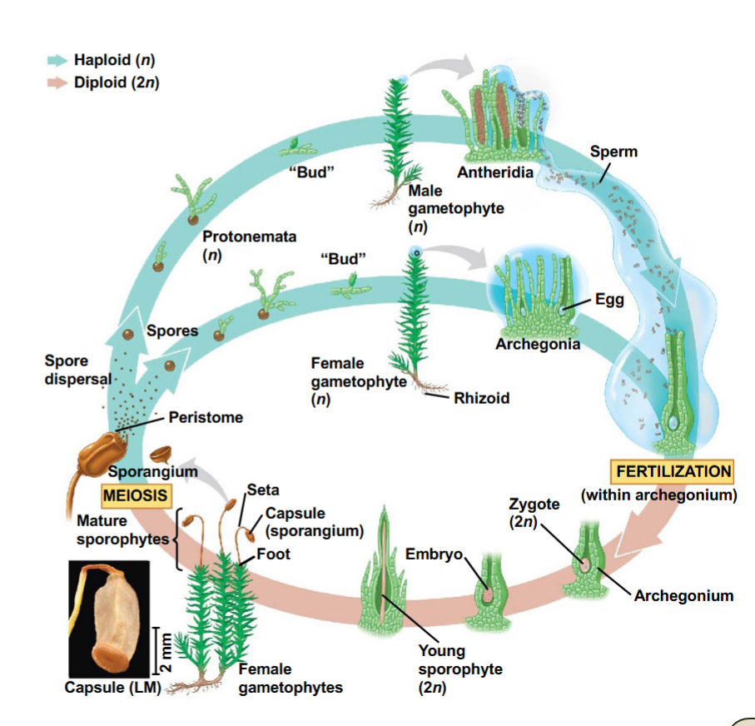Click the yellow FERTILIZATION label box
coord(673,471)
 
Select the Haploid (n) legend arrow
coord(58,60)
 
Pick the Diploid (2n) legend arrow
coord(58,85)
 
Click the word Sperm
coord(613,152)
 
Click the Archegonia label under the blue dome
coord(537,344)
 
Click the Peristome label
coord(206,417)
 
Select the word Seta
coord(263,490)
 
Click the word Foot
coord(273,553)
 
